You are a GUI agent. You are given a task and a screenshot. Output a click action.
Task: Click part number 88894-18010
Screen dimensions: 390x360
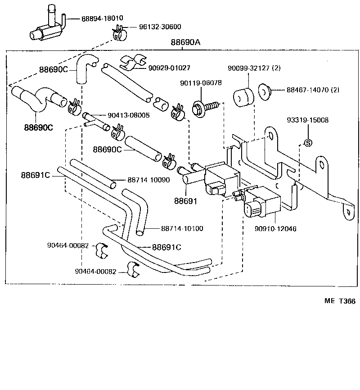(102, 18)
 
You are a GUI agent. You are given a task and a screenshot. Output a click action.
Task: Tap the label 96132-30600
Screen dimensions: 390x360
(150, 27)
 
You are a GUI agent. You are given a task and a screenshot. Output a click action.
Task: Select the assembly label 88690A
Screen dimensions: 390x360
(185, 43)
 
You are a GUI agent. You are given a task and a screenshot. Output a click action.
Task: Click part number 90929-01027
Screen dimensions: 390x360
(169, 68)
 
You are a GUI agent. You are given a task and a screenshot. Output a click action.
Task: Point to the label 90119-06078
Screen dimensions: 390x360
(201, 83)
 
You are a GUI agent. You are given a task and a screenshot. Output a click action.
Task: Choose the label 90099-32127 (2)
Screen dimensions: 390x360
(254, 68)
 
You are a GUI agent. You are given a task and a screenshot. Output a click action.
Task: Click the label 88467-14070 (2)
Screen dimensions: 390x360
(313, 90)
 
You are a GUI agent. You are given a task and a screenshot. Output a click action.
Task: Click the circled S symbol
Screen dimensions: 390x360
(308, 143)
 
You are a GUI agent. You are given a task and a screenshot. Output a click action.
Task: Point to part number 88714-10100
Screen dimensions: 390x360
(182, 228)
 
